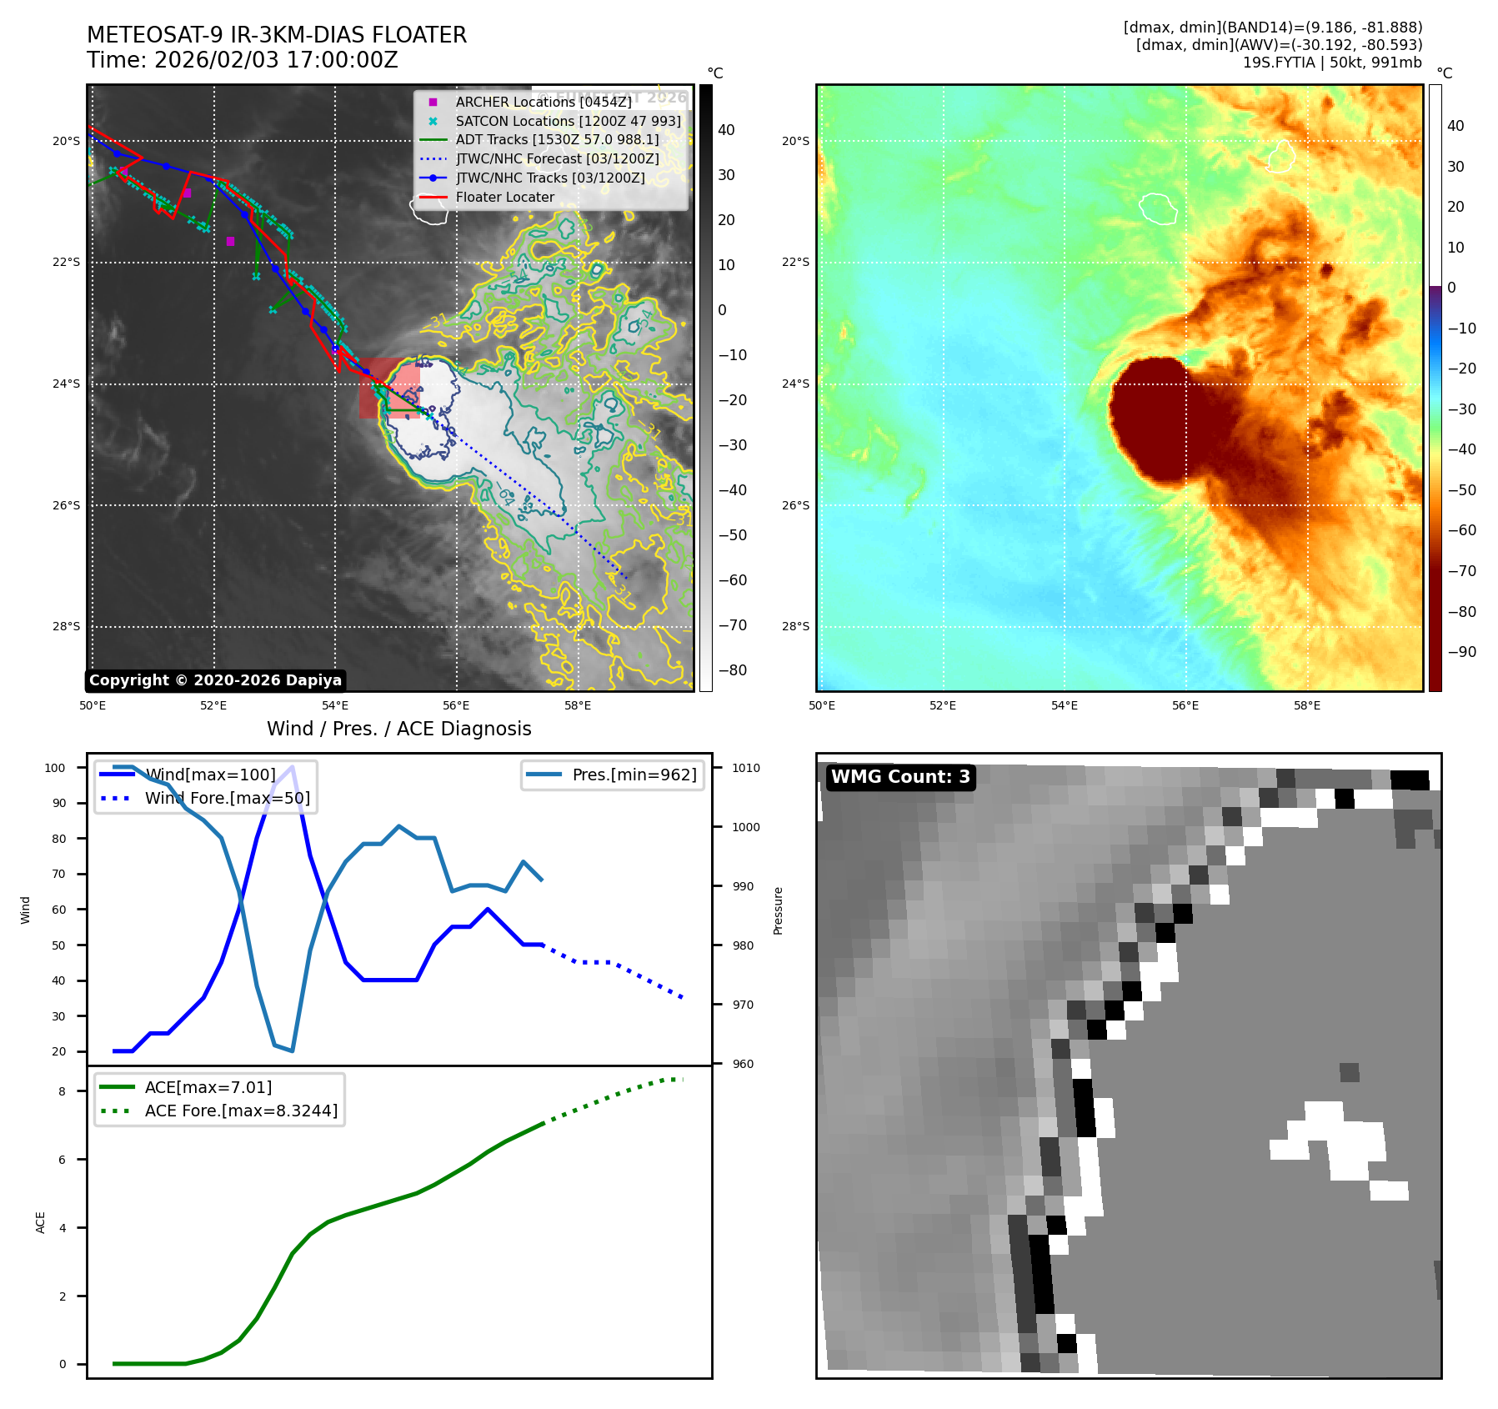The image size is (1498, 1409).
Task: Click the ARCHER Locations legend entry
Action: pos(543,102)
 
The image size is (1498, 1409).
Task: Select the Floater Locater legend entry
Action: pos(504,198)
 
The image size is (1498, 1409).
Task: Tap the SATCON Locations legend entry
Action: pos(568,121)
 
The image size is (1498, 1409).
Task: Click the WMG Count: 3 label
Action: pos(900,777)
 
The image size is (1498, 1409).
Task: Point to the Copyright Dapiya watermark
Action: pos(215,680)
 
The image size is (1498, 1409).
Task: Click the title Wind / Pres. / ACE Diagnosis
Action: pos(398,729)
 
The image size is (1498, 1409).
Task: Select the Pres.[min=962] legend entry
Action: pos(634,775)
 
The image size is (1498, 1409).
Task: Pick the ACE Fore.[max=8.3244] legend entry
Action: pos(241,1111)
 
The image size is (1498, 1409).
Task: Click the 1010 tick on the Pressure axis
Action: pos(746,768)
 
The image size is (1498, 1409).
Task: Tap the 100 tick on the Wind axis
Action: pos(55,768)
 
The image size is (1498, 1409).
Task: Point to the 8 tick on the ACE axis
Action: pos(62,1091)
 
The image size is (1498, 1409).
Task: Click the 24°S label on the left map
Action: pos(67,384)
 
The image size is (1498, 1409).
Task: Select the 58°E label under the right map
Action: pos(1306,705)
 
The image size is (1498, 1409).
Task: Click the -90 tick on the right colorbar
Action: pos(1461,652)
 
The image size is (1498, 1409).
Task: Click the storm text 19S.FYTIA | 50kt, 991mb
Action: pos(1331,63)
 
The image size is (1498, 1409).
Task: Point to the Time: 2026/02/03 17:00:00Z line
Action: pos(242,60)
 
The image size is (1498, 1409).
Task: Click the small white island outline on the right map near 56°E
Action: pos(1158,208)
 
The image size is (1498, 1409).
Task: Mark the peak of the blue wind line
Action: pos(292,767)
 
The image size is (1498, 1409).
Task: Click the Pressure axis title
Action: pos(778,910)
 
